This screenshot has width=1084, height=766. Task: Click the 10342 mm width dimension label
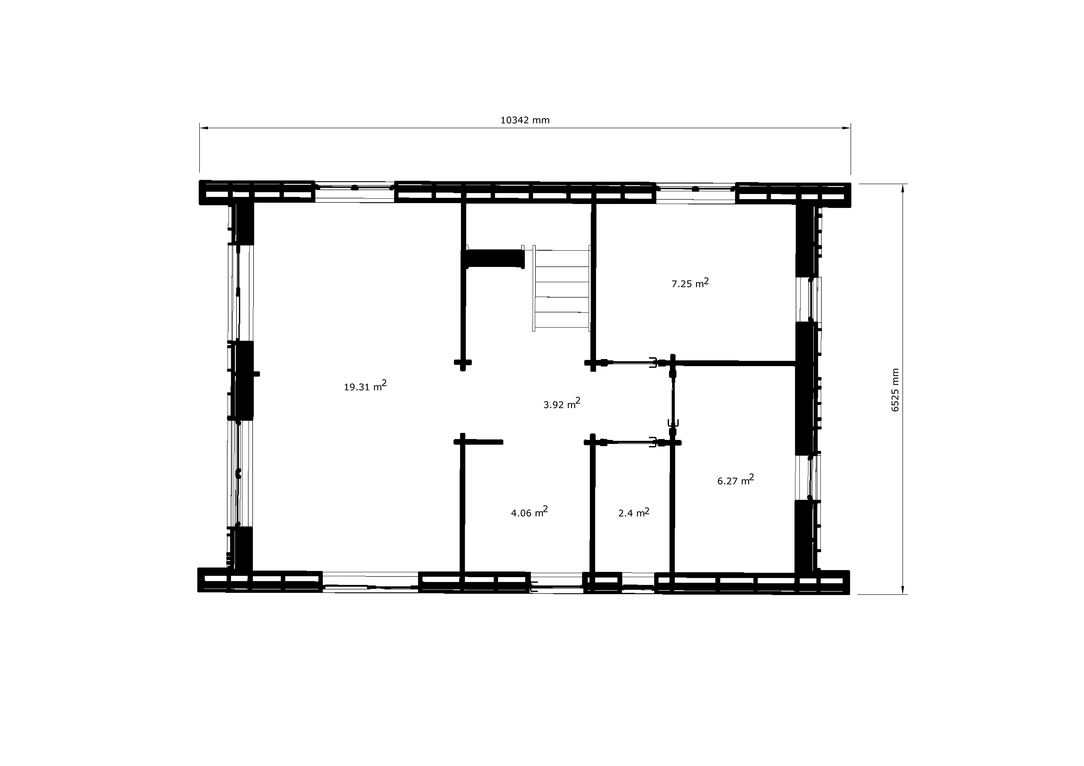pyautogui.click(x=525, y=120)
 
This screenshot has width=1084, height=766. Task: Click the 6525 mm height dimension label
pyautogui.click(x=895, y=390)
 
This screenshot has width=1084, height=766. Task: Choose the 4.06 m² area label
pyautogui.click(x=529, y=512)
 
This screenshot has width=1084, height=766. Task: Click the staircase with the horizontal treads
pyautogui.click(x=561, y=288)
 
